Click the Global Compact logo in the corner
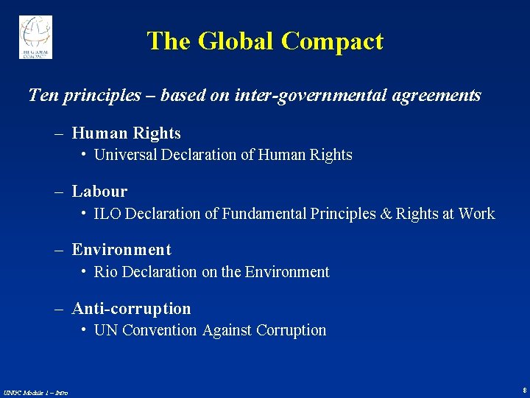(35, 36)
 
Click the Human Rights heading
(126, 133)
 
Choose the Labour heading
(99, 192)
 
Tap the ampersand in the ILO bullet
(386, 214)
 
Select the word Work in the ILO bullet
(476, 214)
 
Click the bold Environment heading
(121, 250)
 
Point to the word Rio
(106, 272)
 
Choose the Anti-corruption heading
(131, 309)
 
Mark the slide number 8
(523, 389)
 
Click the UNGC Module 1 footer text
(35, 392)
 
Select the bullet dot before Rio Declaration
(85, 270)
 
